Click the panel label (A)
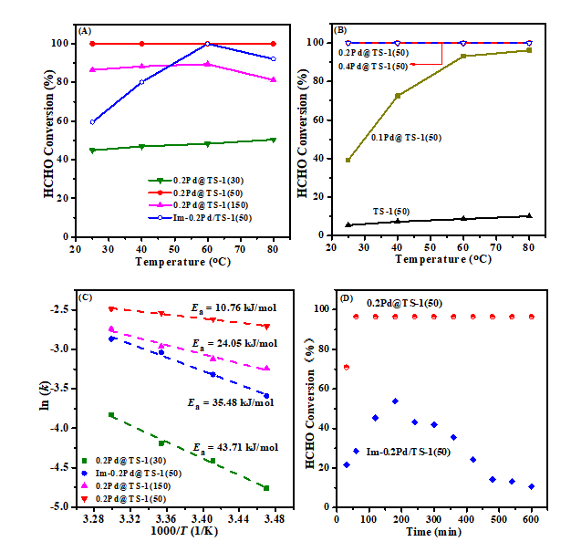[x=85, y=30]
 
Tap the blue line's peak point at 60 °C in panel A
[x=207, y=44]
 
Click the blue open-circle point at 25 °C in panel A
[x=92, y=121]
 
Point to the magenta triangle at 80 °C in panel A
[x=273, y=79]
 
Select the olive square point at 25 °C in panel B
[x=348, y=160]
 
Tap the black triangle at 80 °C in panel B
[x=529, y=215]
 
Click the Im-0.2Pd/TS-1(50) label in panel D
[x=411, y=452]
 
